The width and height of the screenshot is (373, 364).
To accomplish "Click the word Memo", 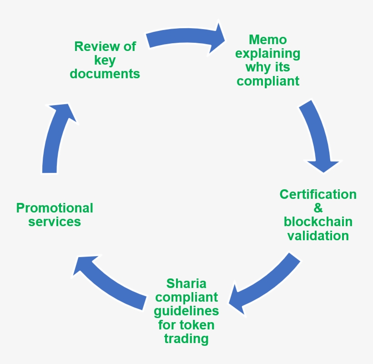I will pyautogui.click(x=267, y=40).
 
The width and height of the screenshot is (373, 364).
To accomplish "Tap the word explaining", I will pyautogui.click(x=268, y=54).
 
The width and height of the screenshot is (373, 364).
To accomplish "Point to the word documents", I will pyautogui.click(x=105, y=74).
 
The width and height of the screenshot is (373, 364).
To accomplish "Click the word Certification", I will pyautogui.click(x=318, y=194).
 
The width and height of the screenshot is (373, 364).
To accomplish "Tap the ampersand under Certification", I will pyautogui.click(x=318, y=208).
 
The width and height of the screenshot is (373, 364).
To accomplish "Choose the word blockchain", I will pyautogui.click(x=318, y=222).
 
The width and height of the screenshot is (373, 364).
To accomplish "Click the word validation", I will pyautogui.click(x=318, y=236).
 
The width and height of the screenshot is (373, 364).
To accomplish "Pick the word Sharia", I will pyautogui.click(x=186, y=283).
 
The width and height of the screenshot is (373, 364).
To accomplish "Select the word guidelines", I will pyautogui.click(x=186, y=311).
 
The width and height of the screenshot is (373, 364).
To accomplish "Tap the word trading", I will pyautogui.click(x=186, y=339).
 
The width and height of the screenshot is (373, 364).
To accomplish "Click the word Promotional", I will pyautogui.click(x=55, y=208).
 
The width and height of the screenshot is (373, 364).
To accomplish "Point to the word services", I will pyautogui.click(x=55, y=222).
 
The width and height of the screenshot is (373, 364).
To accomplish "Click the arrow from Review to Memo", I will pyautogui.click(x=186, y=39).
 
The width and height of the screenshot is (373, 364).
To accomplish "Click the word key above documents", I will pyautogui.click(x=105, y=60).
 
